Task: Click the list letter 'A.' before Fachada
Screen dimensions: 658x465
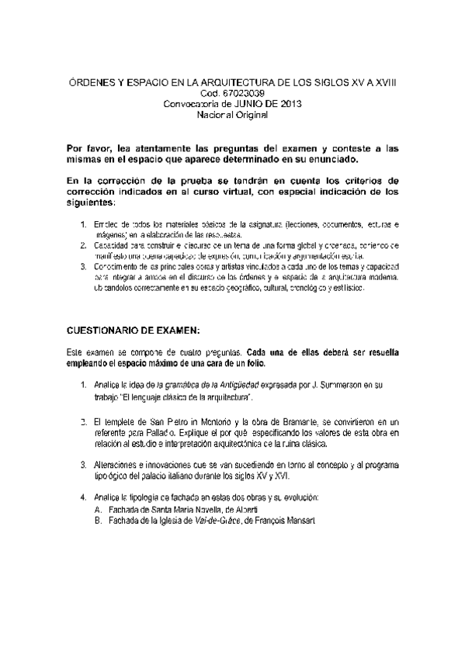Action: point(97,509)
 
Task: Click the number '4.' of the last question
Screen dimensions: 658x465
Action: point(84,497)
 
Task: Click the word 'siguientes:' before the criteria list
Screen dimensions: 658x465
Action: point(90,202)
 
